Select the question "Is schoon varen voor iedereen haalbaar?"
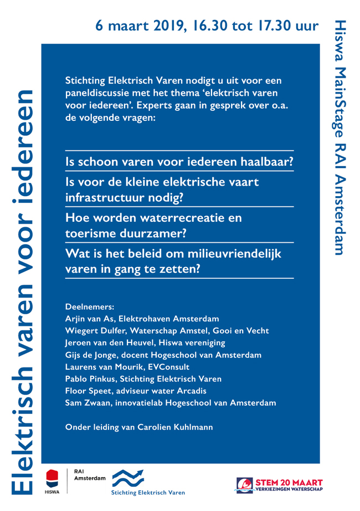(179, 162)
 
